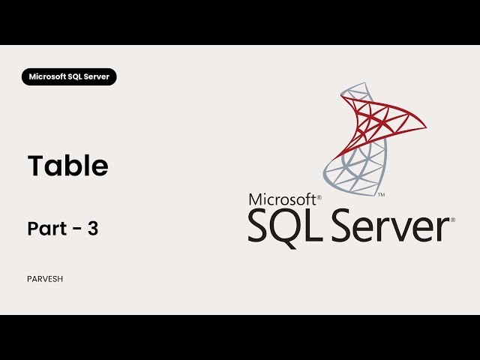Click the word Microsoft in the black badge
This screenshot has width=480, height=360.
tap(46, 76)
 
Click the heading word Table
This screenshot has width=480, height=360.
tap(68, 166)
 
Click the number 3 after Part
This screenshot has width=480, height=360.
tap(93, 229)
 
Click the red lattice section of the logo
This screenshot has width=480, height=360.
tap(379, 120)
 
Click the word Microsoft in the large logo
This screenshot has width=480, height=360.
tap(282, 200)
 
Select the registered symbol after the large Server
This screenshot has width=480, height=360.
tap(451, 219)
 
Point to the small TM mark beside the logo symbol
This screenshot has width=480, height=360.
tap(382, 194)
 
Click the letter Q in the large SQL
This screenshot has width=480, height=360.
tap(281, 226)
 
